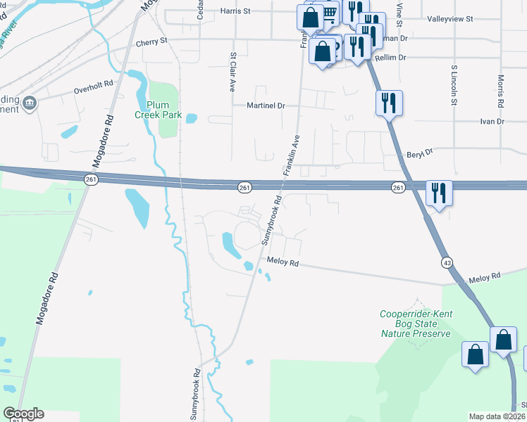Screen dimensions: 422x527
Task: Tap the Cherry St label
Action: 153,41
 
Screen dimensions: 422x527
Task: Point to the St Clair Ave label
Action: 232,72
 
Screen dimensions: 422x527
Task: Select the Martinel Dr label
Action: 265,105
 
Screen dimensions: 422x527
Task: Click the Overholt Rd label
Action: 94,88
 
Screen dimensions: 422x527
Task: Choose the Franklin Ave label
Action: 292,155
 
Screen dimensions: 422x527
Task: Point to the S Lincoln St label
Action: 454,85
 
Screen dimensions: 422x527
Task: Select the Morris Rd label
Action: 500,91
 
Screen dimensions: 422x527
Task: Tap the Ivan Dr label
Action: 492,122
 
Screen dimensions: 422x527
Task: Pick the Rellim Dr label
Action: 392,58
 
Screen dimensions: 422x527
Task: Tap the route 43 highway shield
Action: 447,262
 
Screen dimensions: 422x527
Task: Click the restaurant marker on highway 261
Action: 438,192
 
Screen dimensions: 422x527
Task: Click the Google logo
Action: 23,414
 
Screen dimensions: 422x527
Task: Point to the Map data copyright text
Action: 497,416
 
